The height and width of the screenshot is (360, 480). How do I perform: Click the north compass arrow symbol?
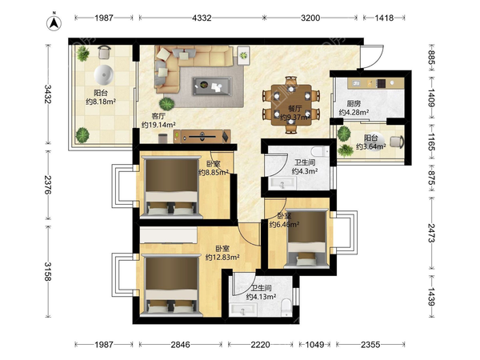[54, 22]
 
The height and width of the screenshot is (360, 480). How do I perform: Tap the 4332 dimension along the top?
[202, 18]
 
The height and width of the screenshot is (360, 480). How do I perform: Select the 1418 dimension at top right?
[384, 18]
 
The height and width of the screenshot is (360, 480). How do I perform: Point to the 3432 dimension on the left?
[48, 94]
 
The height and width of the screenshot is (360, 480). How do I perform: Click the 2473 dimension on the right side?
[432, 233]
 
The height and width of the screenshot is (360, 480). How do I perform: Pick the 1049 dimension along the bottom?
[314, 345]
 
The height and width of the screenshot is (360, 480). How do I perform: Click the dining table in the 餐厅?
[291, 105]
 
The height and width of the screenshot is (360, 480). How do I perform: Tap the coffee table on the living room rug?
[212, 86]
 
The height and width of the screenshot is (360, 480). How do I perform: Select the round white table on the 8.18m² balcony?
[104, 74]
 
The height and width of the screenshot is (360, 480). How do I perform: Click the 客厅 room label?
[158, 116]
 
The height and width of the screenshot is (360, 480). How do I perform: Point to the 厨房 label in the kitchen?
[354, 104]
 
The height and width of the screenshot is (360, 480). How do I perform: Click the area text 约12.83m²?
[222, 258]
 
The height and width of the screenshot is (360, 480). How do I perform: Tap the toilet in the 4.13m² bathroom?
[287, 307]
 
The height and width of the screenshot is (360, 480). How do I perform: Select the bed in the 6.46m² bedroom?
[306, 238]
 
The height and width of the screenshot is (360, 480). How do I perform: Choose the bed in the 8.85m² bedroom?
[171, 187]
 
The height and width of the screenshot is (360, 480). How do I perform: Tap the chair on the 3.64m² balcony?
[398, 142]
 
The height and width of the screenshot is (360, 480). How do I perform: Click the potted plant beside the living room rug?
[167, 104]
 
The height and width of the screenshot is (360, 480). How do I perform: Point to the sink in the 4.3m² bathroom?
[282, 184]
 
